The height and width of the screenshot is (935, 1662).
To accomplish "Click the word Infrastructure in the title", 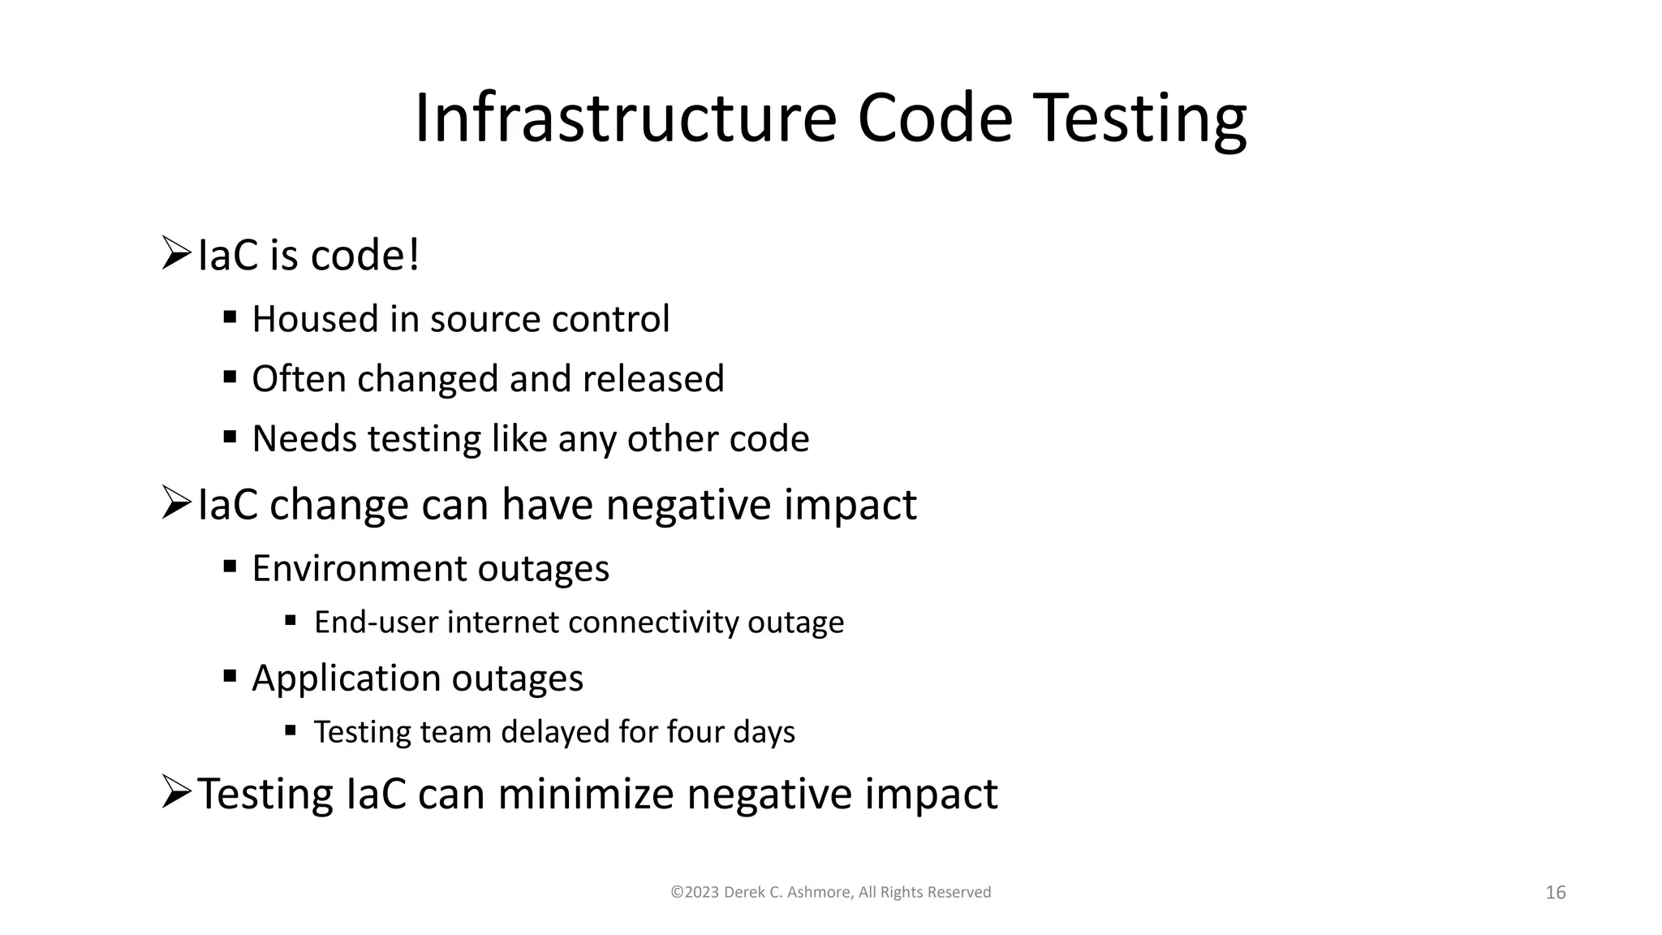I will click(625, 118).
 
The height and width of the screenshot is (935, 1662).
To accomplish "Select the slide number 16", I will click(1555, 893).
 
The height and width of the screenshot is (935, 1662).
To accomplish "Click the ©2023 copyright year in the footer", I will click(695, 892).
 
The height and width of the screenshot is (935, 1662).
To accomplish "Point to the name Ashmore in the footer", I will click(821, 892).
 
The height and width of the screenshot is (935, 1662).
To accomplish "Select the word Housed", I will click(316, 319).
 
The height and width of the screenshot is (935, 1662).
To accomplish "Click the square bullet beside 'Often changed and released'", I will click(230, 377).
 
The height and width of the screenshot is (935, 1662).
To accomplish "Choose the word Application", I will click(347, 679).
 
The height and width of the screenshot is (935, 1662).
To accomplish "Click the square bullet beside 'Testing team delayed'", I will click(291, 730).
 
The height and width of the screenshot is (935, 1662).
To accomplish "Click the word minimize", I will click(586, 794).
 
